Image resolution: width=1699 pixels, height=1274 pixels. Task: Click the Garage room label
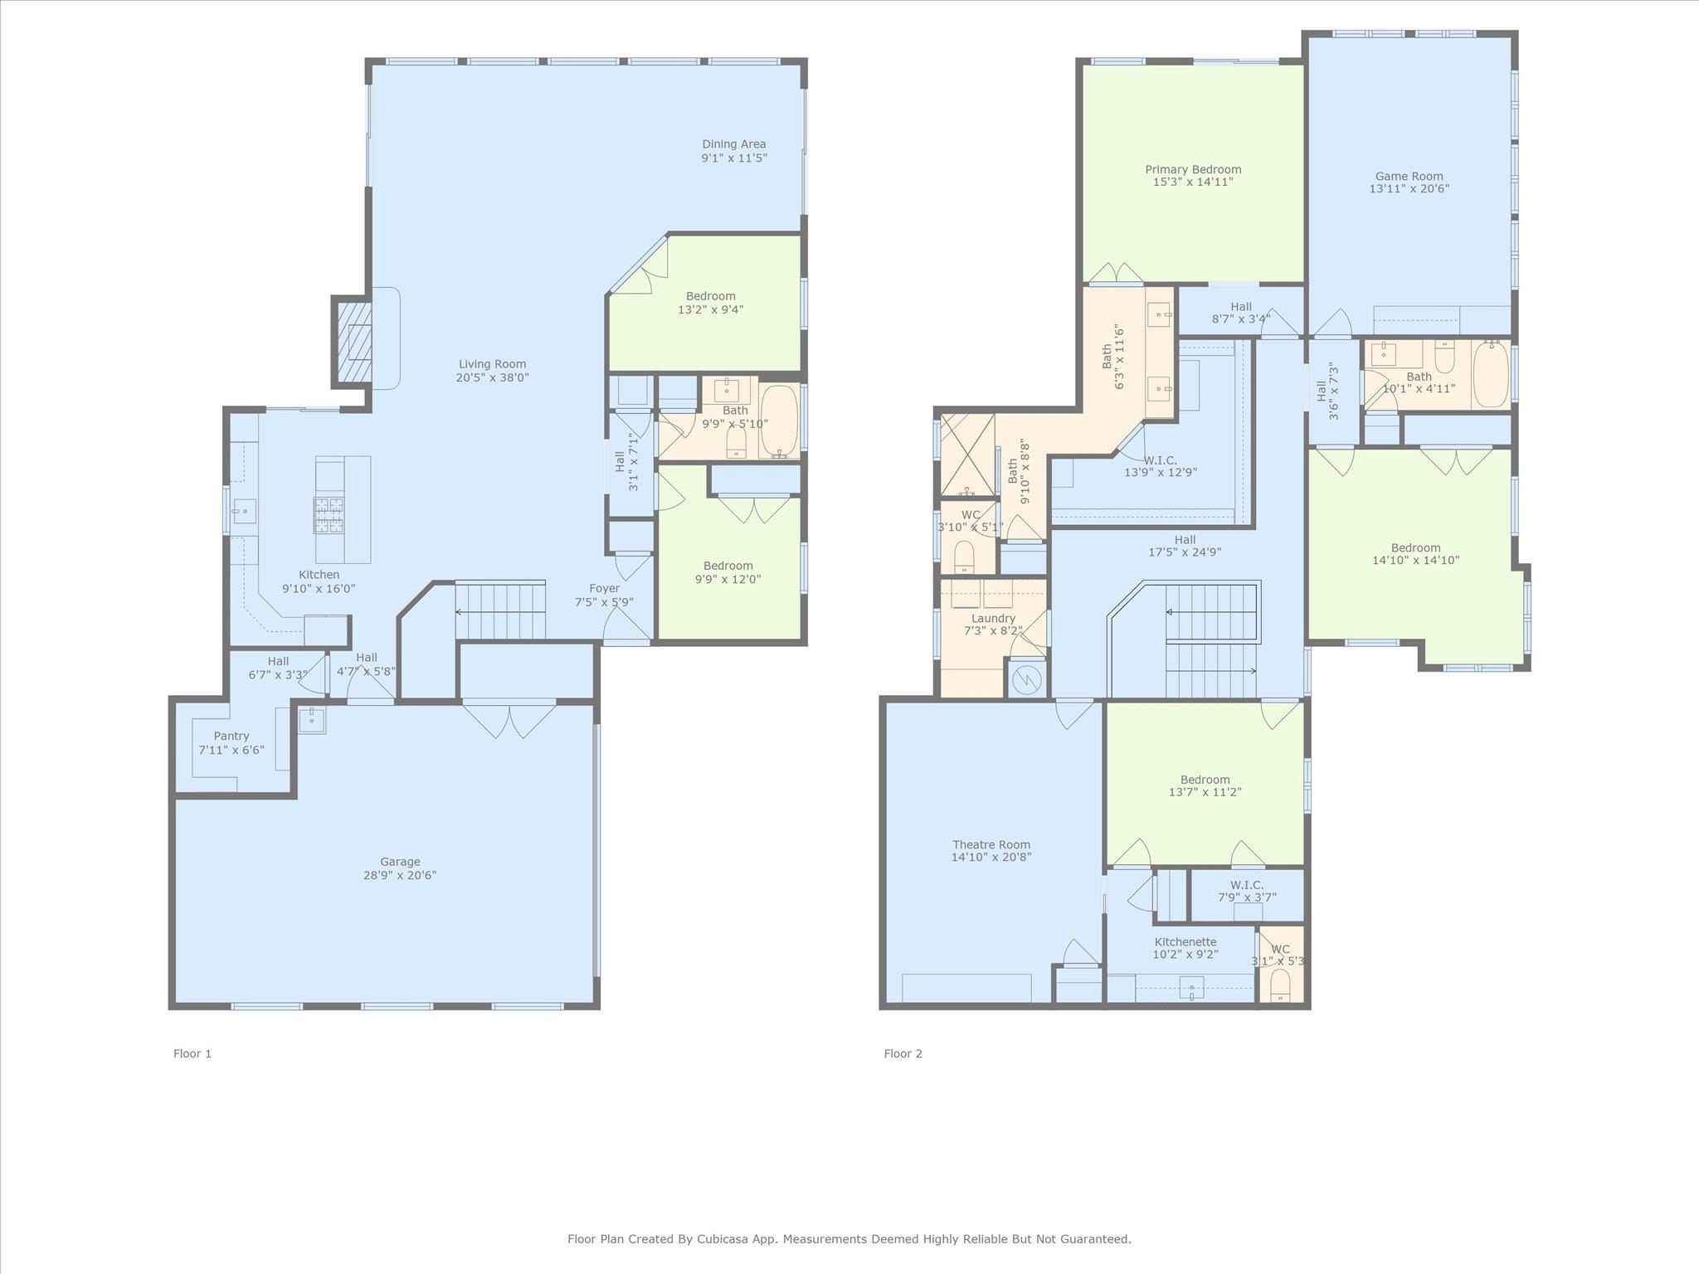pyautogui.click(x=400, y=862)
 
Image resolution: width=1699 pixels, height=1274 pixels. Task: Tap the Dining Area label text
pyautogui.click(x=734, y=144)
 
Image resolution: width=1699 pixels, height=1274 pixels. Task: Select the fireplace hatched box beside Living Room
pyautogui.click(x=351, y=342)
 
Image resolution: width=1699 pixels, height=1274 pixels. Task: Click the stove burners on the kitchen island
pyautogui.click(x=329, y=514)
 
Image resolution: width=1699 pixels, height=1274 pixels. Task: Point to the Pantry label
pyautogui.click(x=231, y=736)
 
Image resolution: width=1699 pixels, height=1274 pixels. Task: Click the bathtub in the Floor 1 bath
pyautogui.click(x=779, y=421)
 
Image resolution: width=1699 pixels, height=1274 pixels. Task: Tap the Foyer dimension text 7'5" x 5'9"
pyautogui.click(x=605, y=602)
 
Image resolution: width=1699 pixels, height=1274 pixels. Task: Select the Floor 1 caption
pyautogui.click(x=192, y=1053)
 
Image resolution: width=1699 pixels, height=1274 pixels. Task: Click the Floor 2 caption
pyautogui.click(x=903, y=1053)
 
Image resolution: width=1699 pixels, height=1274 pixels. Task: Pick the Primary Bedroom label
pyautogui.click(x=1193, y=169)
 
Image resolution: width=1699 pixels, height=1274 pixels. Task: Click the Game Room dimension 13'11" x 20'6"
pyautogui.click(x=1409, y=189)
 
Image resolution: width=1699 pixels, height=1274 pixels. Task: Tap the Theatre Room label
pyautogui.click(x=991, y=844)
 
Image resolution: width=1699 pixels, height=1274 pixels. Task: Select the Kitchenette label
pyautogui.click(x=1185, y=942)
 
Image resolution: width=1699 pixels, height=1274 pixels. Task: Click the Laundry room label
pyautogui.click(x=993, y=618)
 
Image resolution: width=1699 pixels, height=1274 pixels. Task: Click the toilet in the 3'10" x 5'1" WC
pyautogui.click(x=964, y=557)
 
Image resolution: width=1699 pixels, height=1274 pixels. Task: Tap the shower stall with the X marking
pyautogui.click(x=966, y=454)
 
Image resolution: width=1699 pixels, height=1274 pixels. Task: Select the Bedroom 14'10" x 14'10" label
pyautogui.click(x=1415, y=547)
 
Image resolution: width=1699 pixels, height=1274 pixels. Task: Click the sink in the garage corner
pyautogui.click(x=312, y=719)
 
